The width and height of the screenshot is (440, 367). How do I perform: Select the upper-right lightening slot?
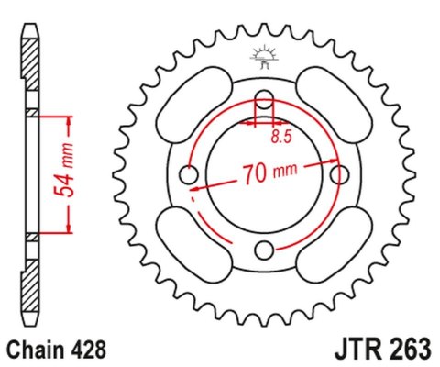pos(335,112)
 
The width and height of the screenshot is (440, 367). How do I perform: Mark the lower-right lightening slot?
pos(335,236)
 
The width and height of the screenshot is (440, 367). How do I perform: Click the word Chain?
pos(37,350)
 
